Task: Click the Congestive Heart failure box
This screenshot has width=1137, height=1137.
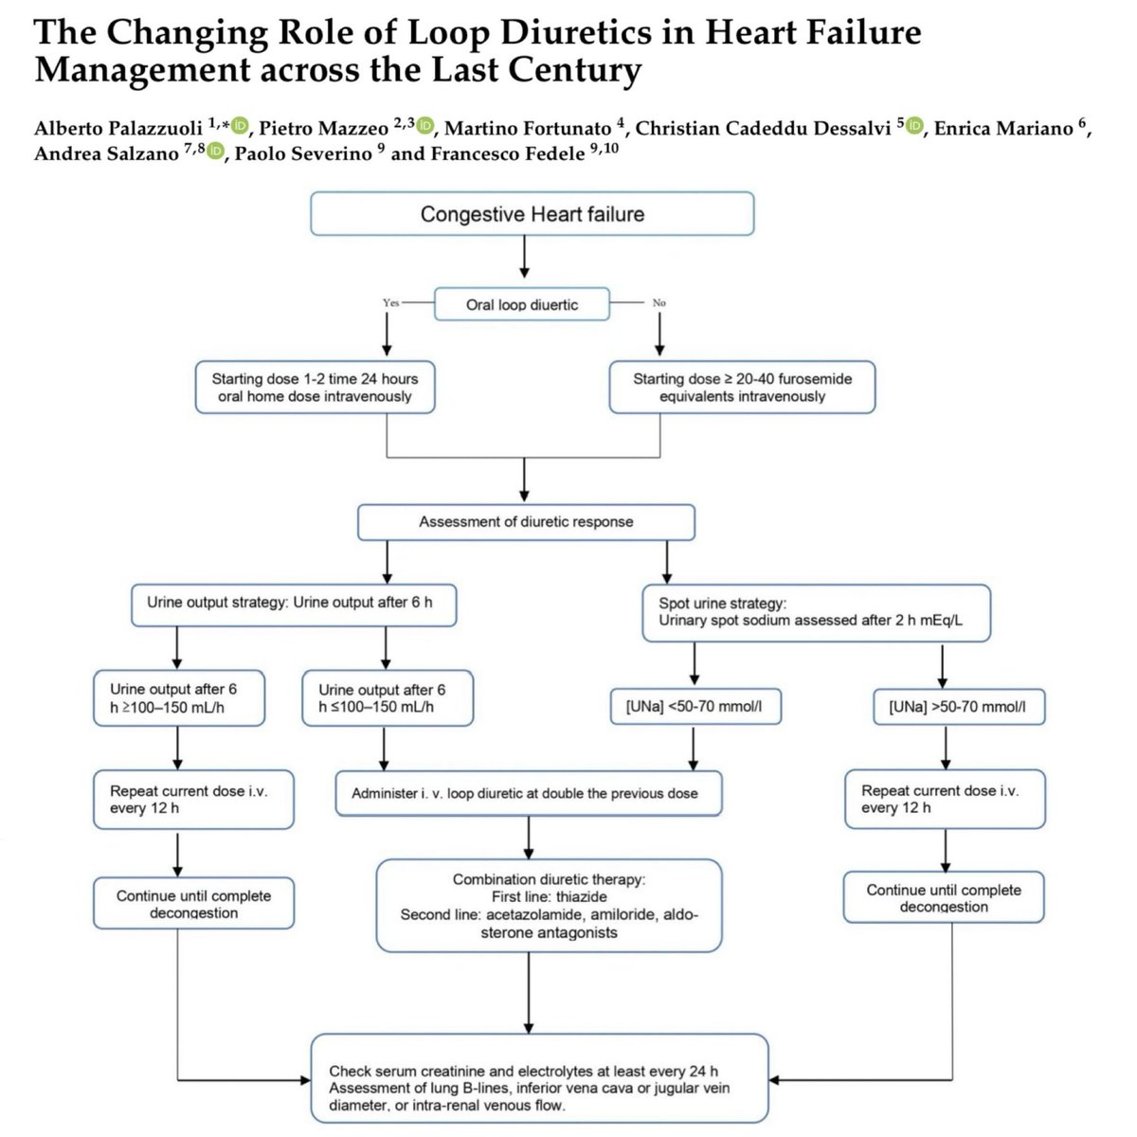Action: pyautogui.click(x=532, y=214)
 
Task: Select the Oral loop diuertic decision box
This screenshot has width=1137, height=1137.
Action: pyautogui.click(x=522, y=304)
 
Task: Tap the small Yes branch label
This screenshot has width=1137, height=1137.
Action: pyautogui.click(x=390, y=302)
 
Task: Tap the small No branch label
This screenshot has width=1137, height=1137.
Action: pyautogui.click(x=659, y=302)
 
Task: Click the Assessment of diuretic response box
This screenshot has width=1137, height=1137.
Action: pyautogui.click(x=526, y=522)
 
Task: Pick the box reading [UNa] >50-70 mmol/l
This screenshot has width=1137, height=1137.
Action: pyautogui.click(x=957, y=707)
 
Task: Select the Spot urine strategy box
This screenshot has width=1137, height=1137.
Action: pyautogui.click(x=816, y=612)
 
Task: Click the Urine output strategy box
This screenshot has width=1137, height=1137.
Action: pyautogui.click(x=294, y=603)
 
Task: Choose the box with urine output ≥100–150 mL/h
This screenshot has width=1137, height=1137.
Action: pyautogui.click(x=179, y=699)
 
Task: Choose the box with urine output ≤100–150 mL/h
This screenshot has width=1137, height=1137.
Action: pyautogui.click(x=387, y=699)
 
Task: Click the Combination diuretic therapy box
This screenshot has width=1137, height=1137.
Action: pyautogui.click(x=549, y=906)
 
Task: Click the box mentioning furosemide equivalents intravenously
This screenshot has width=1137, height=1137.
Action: pyautogui.click(x=742, y=387)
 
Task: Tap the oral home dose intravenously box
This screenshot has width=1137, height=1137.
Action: pyautogui.click(x=315, y=387)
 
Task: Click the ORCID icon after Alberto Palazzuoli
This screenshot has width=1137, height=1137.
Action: pyautogui.click(x=240, y=126)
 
